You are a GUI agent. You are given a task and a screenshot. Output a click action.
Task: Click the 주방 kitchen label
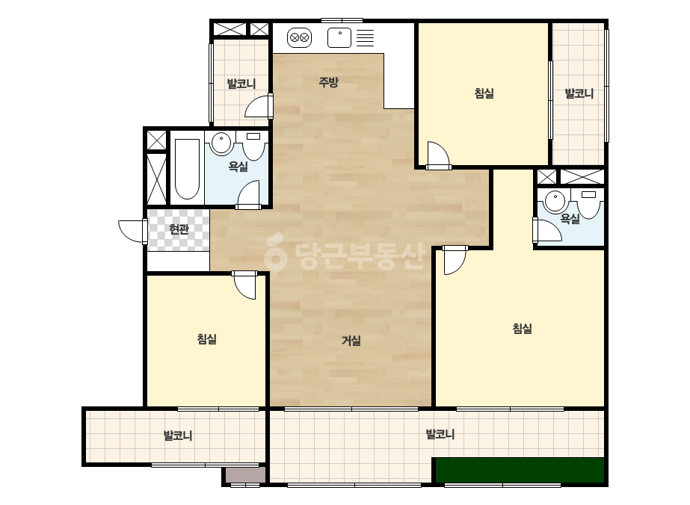pos(328,82)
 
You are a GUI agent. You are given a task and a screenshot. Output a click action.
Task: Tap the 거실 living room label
pos(351,340)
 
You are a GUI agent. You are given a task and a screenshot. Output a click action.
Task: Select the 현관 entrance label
pos(179,229)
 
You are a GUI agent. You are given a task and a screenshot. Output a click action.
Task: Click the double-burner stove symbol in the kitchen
pos(299,38)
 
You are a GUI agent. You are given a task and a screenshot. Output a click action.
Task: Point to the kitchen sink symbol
pos(339,38)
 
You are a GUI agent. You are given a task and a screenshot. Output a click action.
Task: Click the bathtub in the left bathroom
pos(187,169)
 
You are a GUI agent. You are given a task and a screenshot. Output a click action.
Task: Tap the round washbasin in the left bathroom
pos(221,143)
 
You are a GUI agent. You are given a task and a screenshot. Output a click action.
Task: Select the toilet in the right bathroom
pos(588,204)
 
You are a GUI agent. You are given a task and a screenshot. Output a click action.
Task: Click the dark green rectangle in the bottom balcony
pos(520,470)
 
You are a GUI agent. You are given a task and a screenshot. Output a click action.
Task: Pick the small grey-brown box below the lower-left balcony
pos(245,475)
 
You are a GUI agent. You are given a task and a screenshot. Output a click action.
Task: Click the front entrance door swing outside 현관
pos(133,231)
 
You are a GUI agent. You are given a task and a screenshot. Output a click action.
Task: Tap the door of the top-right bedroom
pos(438,155)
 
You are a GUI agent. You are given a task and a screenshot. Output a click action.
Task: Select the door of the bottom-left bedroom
pos(244,285)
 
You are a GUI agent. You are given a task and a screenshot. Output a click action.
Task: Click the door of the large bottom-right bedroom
pos(455,260)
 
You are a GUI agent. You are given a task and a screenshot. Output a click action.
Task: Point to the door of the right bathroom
pos(547,229)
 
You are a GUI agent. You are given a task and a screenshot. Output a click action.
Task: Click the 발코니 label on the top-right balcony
pos(579,93)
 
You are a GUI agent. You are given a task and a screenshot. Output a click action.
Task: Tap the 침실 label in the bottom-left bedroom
pos(207,338)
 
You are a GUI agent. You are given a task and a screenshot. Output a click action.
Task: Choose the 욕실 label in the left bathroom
pos(238,167)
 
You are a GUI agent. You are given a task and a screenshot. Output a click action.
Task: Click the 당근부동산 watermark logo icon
pos(275,252)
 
